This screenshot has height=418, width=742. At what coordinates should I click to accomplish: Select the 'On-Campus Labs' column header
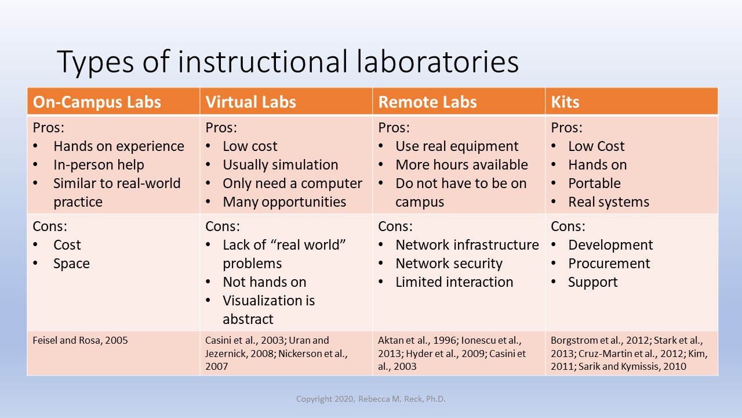pyautogui.click(x=97, y=102)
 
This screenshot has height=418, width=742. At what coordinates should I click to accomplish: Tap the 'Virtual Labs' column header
pyautogui.click(x=250, y=102)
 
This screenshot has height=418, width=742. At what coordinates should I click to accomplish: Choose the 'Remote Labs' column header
pyautogui.click(x=427, y=102)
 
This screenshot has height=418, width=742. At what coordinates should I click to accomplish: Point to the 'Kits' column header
pyautogui.click(x=565, y=102)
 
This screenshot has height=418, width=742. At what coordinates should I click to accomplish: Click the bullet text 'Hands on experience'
pyautogui.click(x=119, y=146)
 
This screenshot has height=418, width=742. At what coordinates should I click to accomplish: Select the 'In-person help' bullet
pyautogui.click(x=99, y=165)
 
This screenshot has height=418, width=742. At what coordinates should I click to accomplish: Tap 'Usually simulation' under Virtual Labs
pyautogui.click(x=280, y=165)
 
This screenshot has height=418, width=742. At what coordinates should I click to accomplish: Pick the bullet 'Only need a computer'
pyautogui.click(x=292, y=183)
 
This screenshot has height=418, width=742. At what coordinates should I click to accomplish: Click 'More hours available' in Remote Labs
pyautogui.click(x=461, y=165)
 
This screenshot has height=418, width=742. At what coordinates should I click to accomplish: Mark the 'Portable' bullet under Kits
pyautogui.click(x=594, y=183)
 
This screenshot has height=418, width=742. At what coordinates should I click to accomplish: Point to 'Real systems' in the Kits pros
pyautogui.click(x=609, y=202)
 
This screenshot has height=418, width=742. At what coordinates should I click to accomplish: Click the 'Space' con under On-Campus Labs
pyautogui.click(x=71, y=264)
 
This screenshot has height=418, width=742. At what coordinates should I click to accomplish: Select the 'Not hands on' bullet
pyautogui.click(x=264, y=282)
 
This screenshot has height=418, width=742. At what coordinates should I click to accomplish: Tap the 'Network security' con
pyautogui.click(x=449, y=264)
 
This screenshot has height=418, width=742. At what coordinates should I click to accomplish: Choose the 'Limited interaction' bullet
pyautogui.click(x=454, y=282)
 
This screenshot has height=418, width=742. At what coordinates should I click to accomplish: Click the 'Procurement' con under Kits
pyautogui.click(x=609, y=264)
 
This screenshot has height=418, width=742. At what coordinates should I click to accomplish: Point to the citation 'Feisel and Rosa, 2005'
pyautogui.click(x=80, y=340)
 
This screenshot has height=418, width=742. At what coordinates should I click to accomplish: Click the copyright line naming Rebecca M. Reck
pyautogui.click(x=370, y=399)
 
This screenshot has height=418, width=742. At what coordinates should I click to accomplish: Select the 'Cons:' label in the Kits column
pyautogui.click(x=568, y=226)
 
